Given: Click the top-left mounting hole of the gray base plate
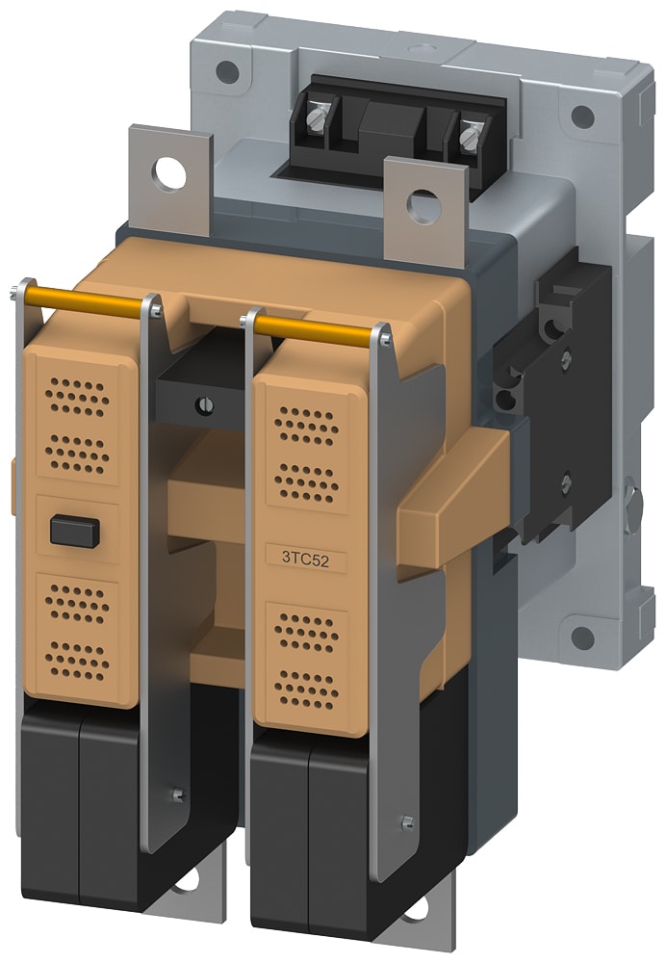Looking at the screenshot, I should pyautogui.click(x=227, y=70).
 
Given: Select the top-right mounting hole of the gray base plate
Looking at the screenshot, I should pyautogui.click(x=581, y=117).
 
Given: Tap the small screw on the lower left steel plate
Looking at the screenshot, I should pyautogui.click(x=176, y=794).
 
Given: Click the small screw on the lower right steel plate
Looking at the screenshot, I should pyautogui.click(x=407, y=821).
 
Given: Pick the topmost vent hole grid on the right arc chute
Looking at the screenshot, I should pyautogui.click(x=306, y=425).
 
